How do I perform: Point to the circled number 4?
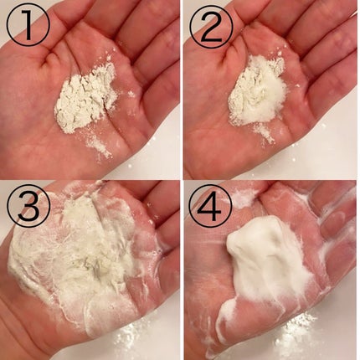211,207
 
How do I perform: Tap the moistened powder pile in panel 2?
257,90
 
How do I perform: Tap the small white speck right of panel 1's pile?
131,94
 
